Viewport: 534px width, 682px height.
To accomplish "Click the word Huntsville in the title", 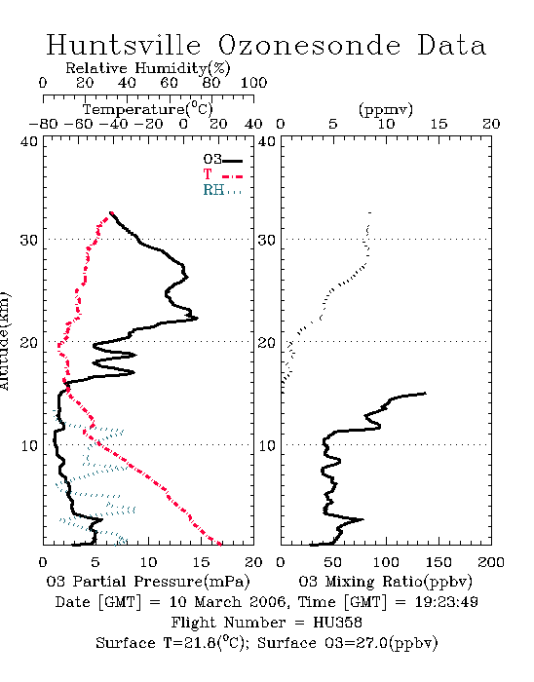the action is coord(124,45).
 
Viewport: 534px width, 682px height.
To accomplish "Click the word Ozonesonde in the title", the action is coord(309,45).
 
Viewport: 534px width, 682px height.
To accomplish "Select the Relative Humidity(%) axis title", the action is coord(148,68).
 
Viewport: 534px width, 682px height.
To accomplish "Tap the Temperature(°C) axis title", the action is coord(148,109).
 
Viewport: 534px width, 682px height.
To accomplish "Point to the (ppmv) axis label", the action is coord(386,109).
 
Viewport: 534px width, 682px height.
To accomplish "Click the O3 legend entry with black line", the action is coord(222,160).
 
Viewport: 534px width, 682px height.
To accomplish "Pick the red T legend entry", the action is coord(222,174).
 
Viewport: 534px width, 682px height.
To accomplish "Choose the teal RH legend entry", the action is coord(222,190).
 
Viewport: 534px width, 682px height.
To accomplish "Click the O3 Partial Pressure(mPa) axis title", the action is coord(148,582).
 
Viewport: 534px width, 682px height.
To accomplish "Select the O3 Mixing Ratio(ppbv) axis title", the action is coord(385,582).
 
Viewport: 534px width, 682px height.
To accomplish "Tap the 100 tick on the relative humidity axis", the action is coord(253,83).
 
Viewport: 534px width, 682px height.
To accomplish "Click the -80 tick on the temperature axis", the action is coord(43,124).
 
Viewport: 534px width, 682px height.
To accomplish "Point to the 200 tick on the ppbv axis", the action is coord(491,562).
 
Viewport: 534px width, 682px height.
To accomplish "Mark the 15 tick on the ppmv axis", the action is coord(439,124).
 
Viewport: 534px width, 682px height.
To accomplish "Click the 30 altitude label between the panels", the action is coord(267,240).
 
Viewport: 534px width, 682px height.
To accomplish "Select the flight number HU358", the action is coord(337,623).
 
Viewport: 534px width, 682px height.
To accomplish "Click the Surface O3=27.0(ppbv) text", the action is coord(348,643).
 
